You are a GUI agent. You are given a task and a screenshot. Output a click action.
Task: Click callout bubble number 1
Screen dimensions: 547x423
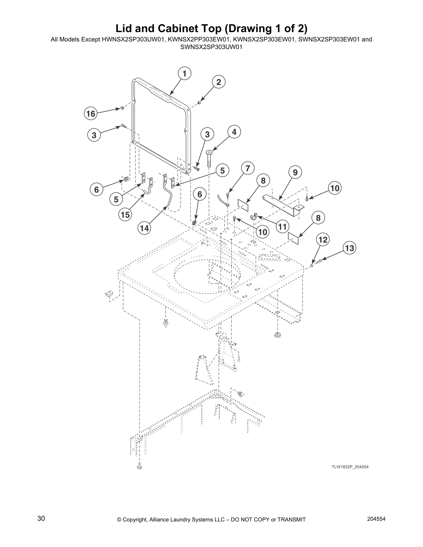(x=185, y=74)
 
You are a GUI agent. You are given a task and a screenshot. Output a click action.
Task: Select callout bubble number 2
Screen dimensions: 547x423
(x=218, y=82)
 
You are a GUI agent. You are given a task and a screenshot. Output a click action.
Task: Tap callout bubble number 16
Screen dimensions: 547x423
(x=91, y=114)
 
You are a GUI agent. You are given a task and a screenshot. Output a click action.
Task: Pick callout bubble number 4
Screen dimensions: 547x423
(x=234, y=132)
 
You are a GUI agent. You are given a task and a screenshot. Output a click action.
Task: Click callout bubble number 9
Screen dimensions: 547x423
(x=295, y=172)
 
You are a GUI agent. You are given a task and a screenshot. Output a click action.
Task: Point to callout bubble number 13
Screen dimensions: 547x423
(x=349, y=248)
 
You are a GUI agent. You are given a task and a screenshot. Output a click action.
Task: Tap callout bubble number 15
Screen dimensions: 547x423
(x=125, y=215)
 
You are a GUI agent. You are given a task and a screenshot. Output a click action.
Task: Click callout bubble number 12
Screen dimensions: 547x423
(x=322, y=240)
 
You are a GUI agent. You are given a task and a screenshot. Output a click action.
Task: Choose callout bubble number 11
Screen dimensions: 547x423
(x=282, y=227)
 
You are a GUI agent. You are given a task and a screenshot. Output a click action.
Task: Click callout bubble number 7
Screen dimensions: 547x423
(x=247, y=169)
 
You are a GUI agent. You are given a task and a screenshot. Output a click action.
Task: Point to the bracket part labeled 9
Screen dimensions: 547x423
(x=282, y=204)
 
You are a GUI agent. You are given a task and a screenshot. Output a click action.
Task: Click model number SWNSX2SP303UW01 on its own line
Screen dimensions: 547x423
(x=211, y=47)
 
